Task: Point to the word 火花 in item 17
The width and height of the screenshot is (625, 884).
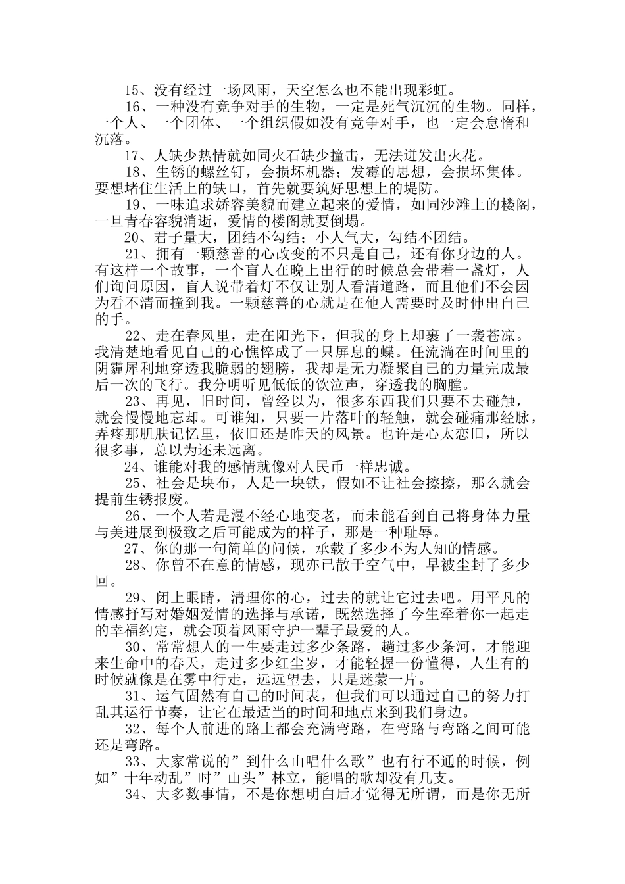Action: click(468, 156)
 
